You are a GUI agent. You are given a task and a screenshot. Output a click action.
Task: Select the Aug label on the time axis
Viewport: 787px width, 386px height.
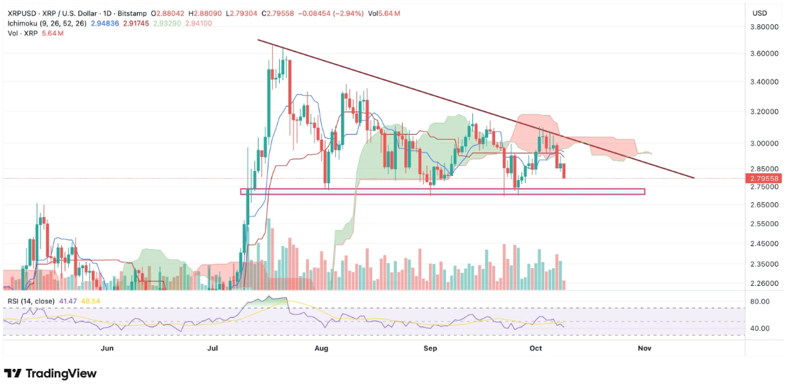tap(321, 348)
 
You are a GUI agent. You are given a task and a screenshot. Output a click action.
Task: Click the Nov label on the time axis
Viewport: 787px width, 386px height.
tap(644, 348)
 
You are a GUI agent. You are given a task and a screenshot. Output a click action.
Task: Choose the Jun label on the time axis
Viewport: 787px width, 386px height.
tap(107, 348)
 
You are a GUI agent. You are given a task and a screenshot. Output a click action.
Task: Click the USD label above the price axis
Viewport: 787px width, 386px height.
tap(759, 13)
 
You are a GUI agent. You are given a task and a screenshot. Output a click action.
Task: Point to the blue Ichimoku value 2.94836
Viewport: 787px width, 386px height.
tap(105, 23)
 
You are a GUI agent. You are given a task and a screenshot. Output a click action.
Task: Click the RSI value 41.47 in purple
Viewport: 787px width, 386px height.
tap(68, 302)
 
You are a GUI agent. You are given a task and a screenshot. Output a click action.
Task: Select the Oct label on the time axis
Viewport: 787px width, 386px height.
tap(536, 348)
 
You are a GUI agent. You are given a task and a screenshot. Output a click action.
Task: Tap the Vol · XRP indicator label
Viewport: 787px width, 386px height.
tap(22, 33)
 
